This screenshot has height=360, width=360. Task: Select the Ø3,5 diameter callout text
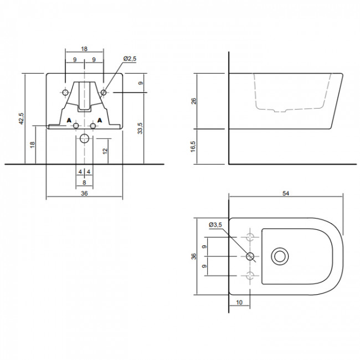click(215, 224)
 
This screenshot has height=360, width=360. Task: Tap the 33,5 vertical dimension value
click(141, 128)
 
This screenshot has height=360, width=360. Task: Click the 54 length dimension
click(286, 193)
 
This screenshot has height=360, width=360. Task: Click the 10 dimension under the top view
click(239, 303)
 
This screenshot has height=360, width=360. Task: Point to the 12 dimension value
click(105, 150)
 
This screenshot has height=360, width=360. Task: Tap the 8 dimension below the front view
click(84, 182)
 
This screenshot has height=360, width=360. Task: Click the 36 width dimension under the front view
click(84, 193)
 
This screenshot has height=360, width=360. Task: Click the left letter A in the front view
click(69, 120)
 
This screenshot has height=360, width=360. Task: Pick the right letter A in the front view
click(100, 120)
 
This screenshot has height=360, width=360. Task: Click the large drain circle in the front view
click(84, 138)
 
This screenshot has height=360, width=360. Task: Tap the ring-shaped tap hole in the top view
click(281, 256)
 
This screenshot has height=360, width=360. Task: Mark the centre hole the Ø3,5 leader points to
click(250, 256)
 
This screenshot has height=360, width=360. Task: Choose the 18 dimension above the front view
click(84, 49)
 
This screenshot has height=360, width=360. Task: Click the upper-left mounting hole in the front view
click(65, 91)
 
